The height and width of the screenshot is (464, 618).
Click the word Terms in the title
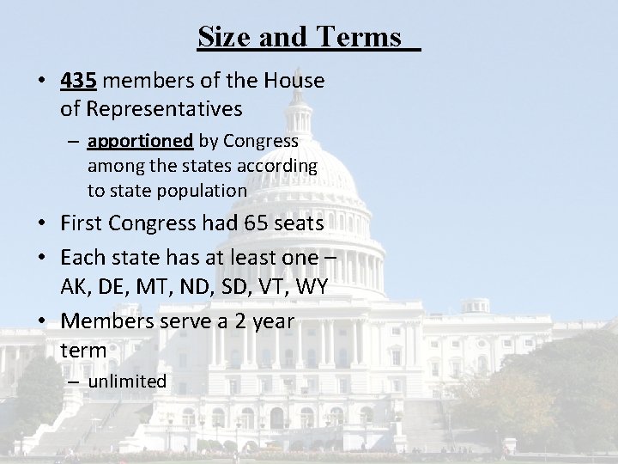[x=359, y=37]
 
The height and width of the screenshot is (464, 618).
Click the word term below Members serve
[x=83, y=350]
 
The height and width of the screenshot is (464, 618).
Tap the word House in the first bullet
[x=294, y=82]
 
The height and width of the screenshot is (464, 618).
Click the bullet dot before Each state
[x=42, y=256]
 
